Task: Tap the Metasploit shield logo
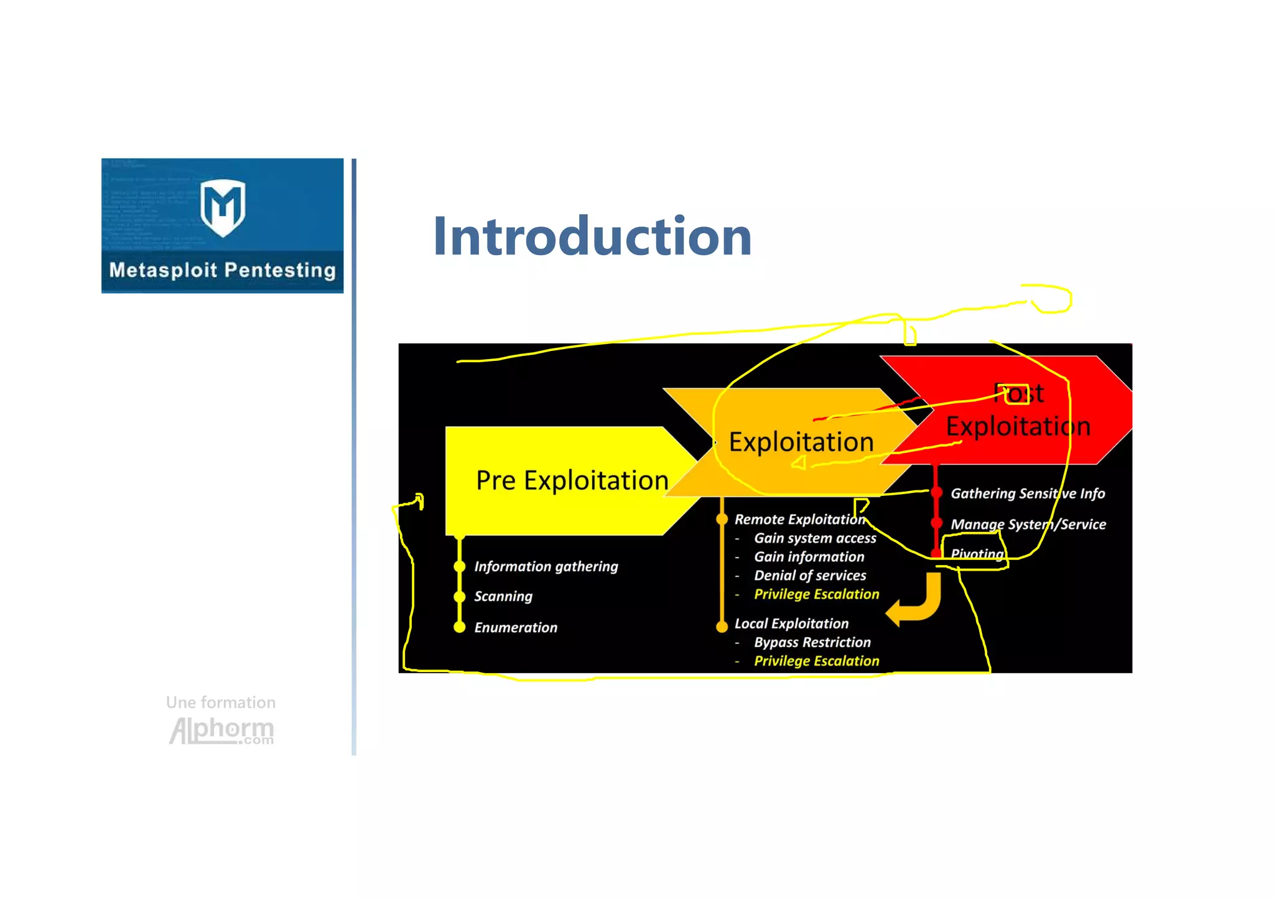pos(223,207)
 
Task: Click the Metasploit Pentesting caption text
pos(223,270)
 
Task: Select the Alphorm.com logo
pos(221,731)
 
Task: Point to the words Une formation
pos(220,703)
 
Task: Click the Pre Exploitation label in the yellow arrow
pos(572,480)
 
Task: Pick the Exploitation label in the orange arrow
pos(801,442)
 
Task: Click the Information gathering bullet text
pos(546,566)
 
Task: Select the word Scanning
pos(503,596)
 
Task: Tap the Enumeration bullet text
pos(515,627)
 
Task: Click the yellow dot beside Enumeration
pos(460,627)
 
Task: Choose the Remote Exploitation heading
pos(799,519)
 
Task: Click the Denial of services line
pos(809,576)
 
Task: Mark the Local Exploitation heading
pos(791,623)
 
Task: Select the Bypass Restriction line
pos(812,642)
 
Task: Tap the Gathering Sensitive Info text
pos(1027,493)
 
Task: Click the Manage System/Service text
pos(1028,525)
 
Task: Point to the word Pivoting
pos(977,553)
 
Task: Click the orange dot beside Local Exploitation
pos(722,627)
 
